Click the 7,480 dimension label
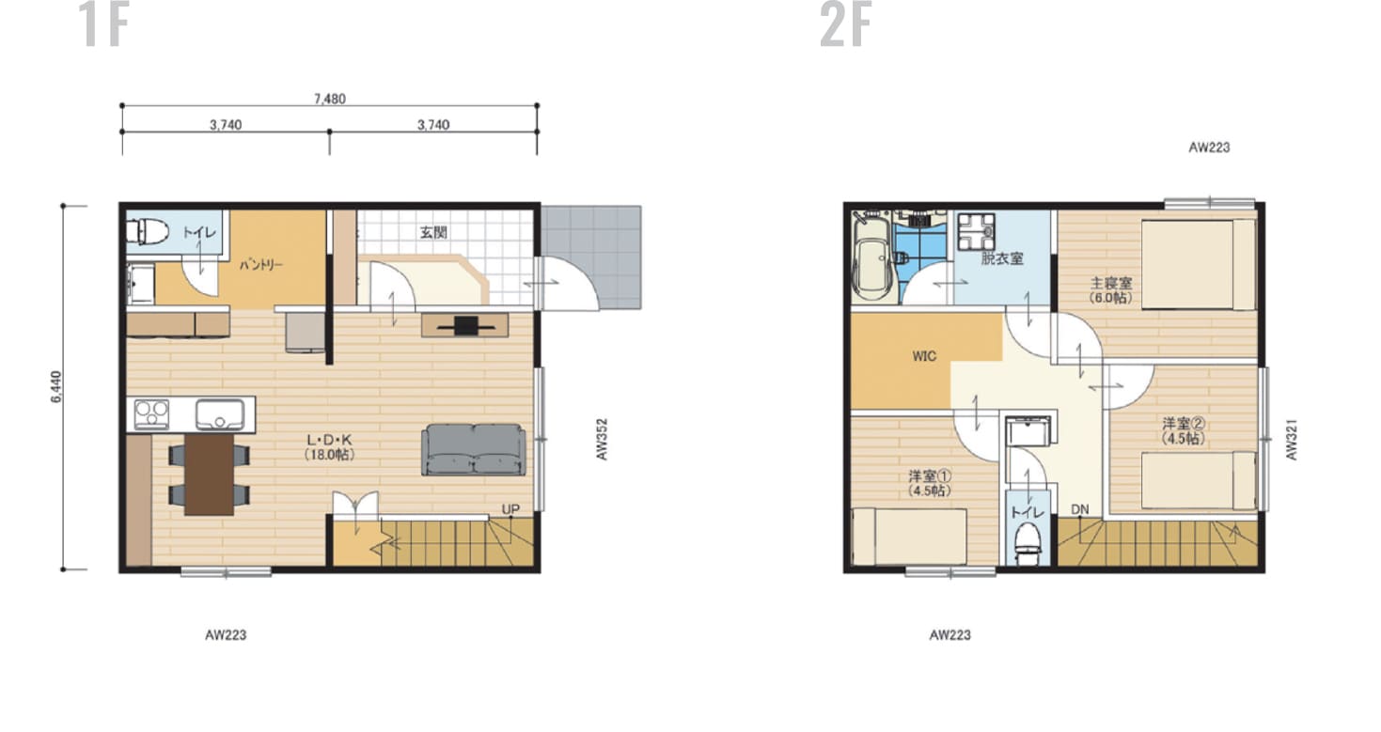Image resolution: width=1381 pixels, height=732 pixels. tap(330, 99)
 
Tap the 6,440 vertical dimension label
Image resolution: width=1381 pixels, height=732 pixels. tap(56, 387)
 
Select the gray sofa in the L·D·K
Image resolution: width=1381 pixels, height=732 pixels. tap(474, 450)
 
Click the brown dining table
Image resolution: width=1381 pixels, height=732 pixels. tap(209, 474)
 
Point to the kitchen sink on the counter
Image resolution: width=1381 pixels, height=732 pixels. tap(219, 414)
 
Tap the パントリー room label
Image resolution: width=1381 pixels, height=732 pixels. tap(261, 266)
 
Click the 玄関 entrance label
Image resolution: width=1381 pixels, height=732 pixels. tap(433, 232)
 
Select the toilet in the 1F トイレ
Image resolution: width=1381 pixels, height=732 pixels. tap(148, 232)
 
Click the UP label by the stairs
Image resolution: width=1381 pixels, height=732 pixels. tap(510, 509)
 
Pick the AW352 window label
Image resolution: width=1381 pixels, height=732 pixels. tap(603, 440)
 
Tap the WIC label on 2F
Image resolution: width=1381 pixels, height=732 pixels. tap(924, 356)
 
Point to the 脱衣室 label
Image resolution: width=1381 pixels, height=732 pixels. tap(1002, 258)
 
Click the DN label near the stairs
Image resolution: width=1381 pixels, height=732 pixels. tap(1080, 509)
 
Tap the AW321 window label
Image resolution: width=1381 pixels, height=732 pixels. tap(1292, 440)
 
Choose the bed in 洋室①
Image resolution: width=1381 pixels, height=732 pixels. tap(909, 536)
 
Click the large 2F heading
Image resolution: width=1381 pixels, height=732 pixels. tap(846, 24)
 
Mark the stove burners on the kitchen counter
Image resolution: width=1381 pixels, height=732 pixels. tap(151, 414)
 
